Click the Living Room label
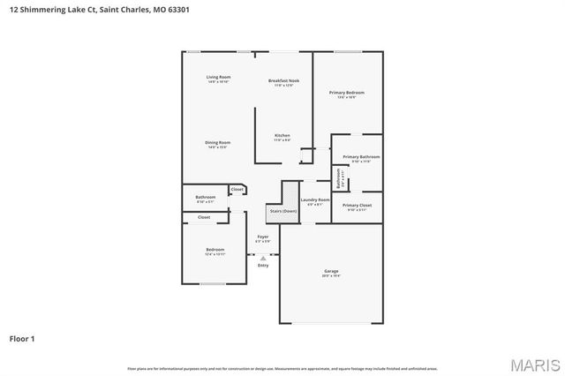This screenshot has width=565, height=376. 218,78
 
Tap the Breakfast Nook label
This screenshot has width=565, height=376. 283,80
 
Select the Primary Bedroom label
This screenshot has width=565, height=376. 346,93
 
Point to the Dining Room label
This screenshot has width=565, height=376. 218,142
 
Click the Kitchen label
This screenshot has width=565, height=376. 282,135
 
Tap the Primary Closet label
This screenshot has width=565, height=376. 358,205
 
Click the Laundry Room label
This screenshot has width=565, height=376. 314,200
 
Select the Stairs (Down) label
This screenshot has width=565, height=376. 282,211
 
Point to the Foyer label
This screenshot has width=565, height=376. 262,237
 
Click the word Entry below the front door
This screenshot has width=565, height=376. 263,265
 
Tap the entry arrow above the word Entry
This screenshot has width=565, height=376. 263,257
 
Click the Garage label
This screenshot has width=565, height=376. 331,271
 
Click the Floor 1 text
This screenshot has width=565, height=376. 22,338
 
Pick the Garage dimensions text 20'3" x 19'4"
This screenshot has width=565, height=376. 331,275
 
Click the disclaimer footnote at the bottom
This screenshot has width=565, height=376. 282,368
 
